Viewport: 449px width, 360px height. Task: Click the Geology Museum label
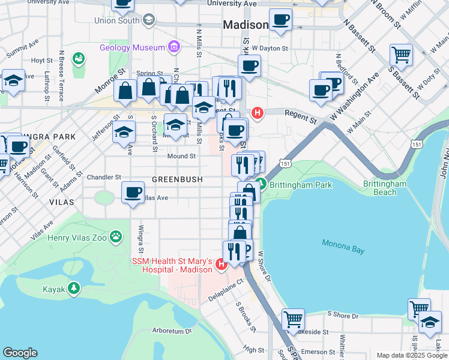[132, 47]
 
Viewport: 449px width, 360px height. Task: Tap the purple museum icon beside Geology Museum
[174, 46]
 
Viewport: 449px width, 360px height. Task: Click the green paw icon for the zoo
[116, 238]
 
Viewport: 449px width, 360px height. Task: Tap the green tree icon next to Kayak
[74, 289]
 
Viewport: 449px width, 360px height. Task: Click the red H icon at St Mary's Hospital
[221, 263]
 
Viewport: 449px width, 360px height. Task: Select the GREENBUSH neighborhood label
[177, 179]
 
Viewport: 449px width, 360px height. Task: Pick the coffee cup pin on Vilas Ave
[133, 193]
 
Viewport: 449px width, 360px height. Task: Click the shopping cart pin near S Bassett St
[400, 55]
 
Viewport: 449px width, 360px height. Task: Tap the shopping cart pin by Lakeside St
[293, 319]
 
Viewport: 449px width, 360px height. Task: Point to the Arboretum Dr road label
[171, 331]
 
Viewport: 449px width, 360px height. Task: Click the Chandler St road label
[104, 178]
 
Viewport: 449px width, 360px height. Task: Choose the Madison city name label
[246, 25]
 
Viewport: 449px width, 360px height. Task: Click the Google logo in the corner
[20, 353]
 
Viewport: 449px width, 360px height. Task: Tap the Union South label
[116, 20]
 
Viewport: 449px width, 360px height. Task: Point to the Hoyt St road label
[42, 61]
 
